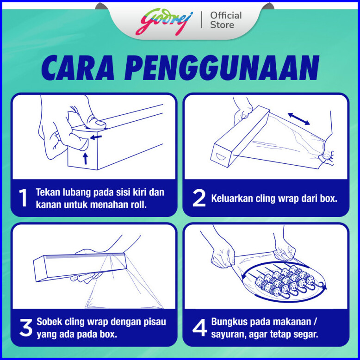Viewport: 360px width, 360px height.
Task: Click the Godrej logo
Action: (164, 22)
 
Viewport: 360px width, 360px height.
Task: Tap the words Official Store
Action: (226, 20)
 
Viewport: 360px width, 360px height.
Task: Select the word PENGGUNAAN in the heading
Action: (222, 68)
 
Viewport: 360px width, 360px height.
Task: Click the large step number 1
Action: (23, 198)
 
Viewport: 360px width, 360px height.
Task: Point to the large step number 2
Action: (199, 198)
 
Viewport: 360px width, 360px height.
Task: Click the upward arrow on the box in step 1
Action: (86, 158)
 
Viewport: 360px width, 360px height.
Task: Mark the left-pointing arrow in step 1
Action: (96, 137)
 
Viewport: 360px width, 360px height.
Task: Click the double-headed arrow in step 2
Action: (299, 119)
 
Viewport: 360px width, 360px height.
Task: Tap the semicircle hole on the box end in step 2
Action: (221, 157)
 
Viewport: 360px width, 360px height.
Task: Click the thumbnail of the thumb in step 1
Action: (100, 123)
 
